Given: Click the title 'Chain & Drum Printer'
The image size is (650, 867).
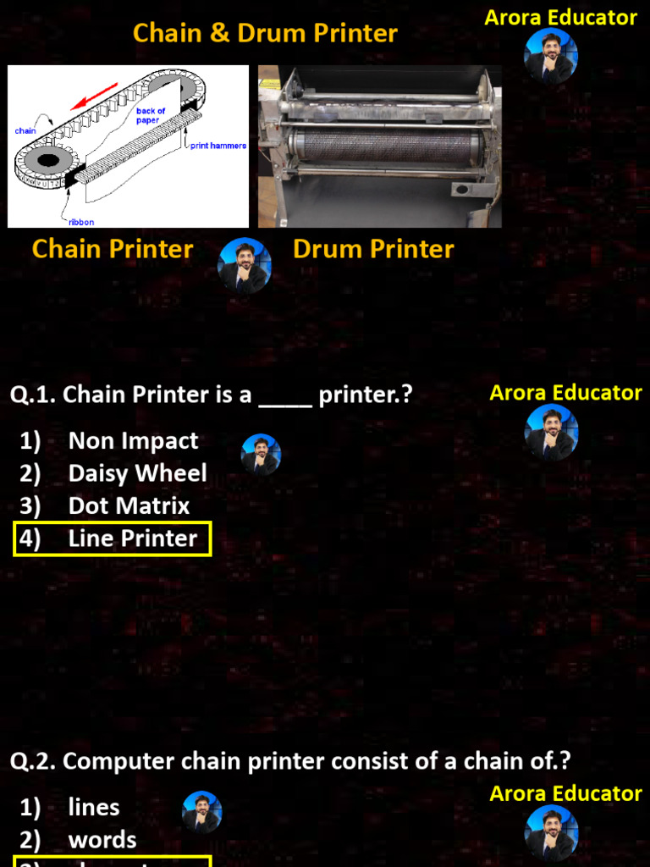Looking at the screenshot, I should coord(265,33).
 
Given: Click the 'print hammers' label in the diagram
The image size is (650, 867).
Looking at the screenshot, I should coord(218,146).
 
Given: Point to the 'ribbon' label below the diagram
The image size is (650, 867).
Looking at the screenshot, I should coord(81,222).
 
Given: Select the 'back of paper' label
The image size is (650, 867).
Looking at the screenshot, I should coord(151,116).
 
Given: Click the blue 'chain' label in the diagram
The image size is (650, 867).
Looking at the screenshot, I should coord(25,131).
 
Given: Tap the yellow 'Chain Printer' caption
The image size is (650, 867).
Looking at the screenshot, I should coord(113,249).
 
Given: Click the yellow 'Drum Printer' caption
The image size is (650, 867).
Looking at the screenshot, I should coord(373,249).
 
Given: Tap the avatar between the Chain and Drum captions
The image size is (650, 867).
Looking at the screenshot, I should coord(244,265).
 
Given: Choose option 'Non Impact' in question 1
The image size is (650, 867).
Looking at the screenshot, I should coord(133,441).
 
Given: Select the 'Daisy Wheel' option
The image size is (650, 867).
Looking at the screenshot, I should coord(137,473).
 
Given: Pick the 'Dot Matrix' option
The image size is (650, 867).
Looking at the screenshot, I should coord(129,506).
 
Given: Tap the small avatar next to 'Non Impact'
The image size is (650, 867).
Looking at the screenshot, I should coord(260,455).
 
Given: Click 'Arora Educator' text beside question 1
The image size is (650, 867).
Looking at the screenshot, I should coord(565,393).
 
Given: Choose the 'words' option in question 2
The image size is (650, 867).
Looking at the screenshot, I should coord(102,840).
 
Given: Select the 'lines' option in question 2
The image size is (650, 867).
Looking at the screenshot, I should coord(94,808).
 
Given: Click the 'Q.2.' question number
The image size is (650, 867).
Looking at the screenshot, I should coord(33,761).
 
